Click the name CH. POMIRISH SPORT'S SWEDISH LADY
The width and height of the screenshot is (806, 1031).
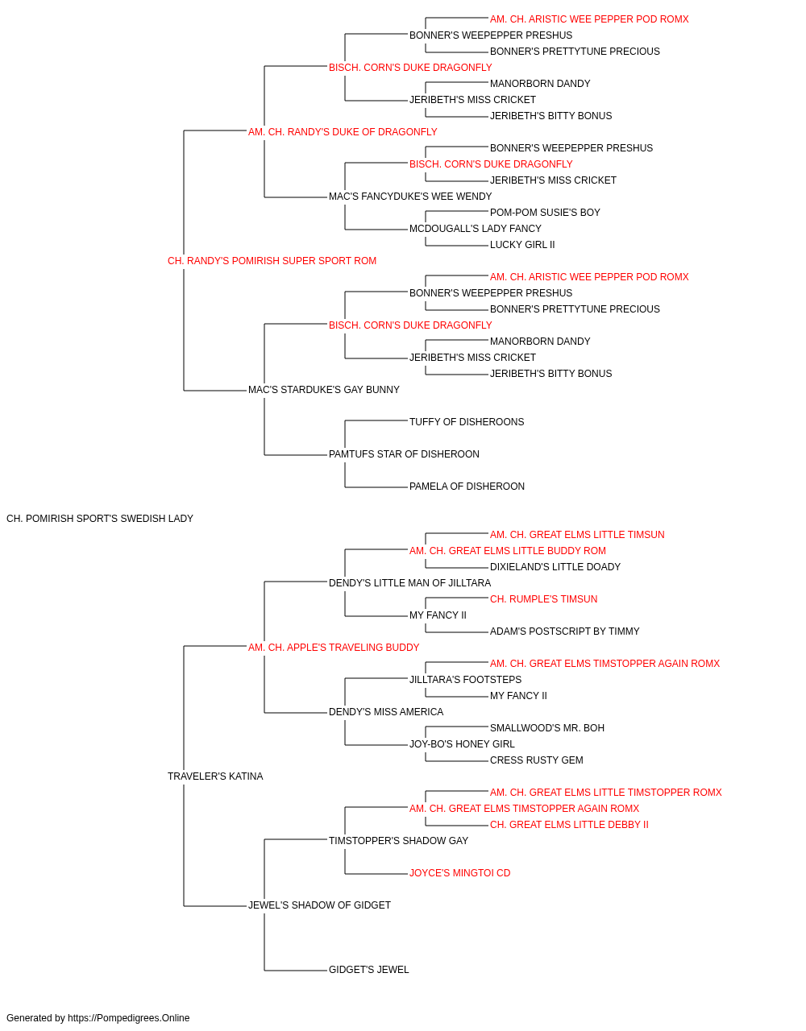[100, 519]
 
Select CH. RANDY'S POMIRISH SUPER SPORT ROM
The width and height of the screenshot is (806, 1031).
[272, 261]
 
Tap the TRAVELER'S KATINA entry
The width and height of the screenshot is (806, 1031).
[215, 776]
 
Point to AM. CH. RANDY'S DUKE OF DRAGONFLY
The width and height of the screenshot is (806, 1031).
[343, 132]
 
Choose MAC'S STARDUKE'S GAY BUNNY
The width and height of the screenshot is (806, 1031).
[324, 390]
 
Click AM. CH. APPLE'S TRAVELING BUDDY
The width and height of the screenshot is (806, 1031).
[334, 647]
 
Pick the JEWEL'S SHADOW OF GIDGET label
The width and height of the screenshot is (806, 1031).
[319, 905]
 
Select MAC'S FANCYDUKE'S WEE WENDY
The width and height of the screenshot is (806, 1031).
[410, 197]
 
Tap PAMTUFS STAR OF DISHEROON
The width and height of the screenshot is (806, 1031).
[404, 454]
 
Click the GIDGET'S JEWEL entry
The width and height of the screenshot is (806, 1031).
[368, 970]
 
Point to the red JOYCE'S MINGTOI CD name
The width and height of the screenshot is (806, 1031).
[459, 873]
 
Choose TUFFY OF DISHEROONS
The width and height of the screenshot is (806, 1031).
[467, 422]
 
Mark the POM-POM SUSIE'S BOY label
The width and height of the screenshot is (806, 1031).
[545, 213]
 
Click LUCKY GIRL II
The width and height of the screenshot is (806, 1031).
[522, 245]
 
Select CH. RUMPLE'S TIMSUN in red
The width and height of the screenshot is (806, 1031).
[543, 599]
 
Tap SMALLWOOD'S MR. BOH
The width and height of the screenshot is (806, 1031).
[546, 728]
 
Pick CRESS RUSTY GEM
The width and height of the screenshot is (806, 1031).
[536, 760]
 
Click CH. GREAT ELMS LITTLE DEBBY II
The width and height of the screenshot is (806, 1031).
[569, 825]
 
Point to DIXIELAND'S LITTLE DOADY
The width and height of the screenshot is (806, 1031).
[555, 567]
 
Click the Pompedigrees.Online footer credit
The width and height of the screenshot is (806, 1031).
[98, 1018]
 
